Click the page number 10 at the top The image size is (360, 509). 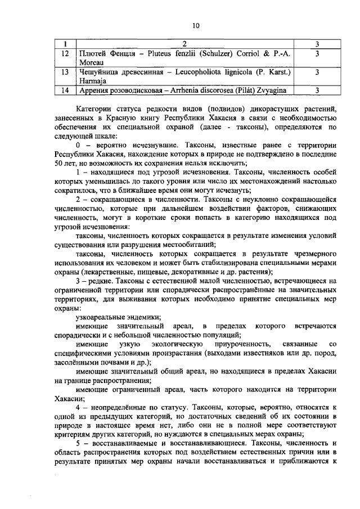[195, 25]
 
